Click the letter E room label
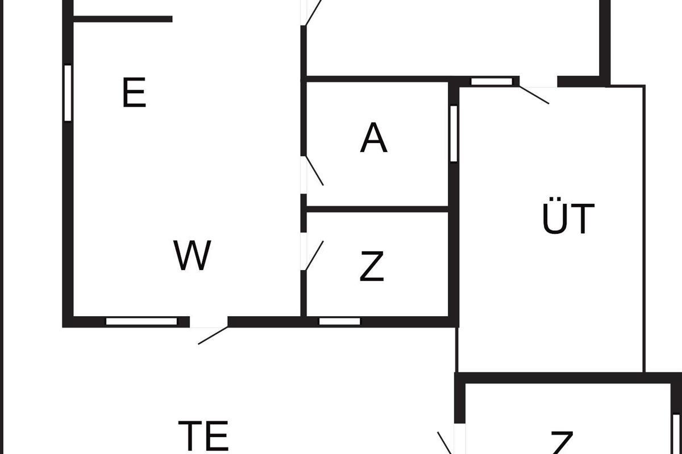click(134, 94)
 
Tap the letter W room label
click(193, 256)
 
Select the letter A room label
click(373, 138)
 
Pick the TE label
click(203, 435)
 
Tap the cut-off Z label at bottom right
click(562, 443)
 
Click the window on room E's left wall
click(68, 93)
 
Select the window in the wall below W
click(142, 322)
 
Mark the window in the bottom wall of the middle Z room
click(339, 322)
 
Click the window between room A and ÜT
click(454, 133)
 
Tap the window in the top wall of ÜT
click(492, 82)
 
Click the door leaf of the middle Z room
click(314, 256)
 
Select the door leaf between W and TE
click(213, 335)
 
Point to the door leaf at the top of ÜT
click(534, 95)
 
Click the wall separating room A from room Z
click(377, 209)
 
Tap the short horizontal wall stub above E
click(123, 19)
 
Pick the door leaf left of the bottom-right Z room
click(444, 443)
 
